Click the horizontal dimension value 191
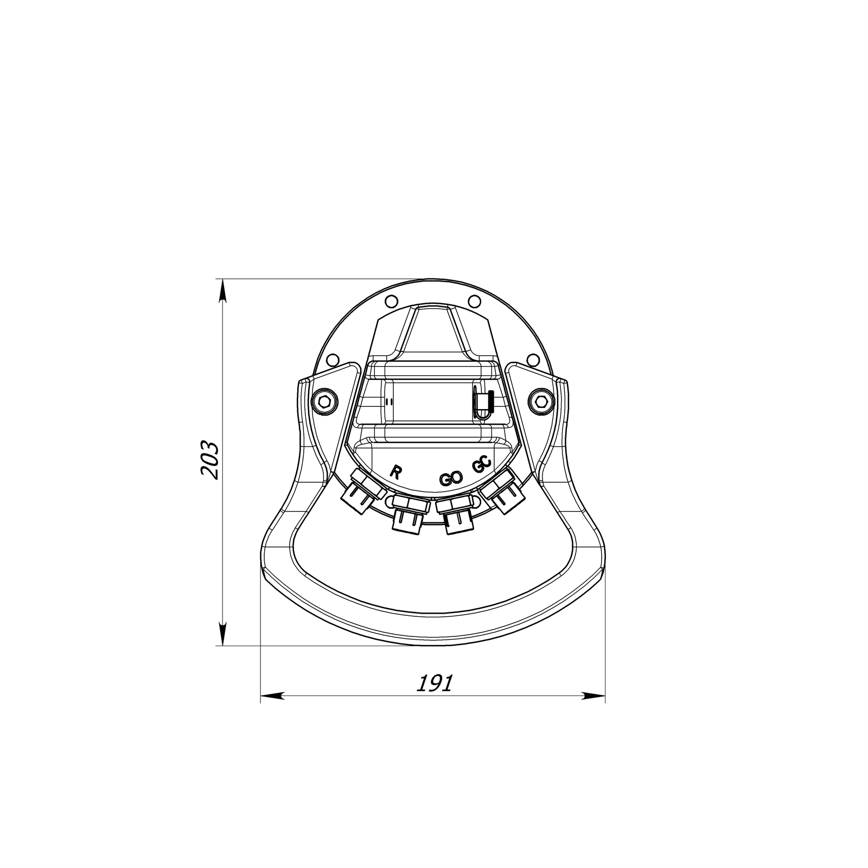(x=434, y=683)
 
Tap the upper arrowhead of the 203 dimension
(x=222, y=290)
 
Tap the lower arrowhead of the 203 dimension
(x=222, y=634)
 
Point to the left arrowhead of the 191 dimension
(x=272, y=695)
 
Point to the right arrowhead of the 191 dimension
(x=593, y=695)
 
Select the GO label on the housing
(x=451, y=478)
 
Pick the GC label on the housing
(x=482, y=465)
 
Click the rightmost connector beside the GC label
(x=502, y=492)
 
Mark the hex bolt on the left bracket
(x=324, y=401)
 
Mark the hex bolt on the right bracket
(x=540, y=401)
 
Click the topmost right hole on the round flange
(x=474, y=301)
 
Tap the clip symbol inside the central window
(x=482, y=403)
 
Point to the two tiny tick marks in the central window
(x=388, y=402)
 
